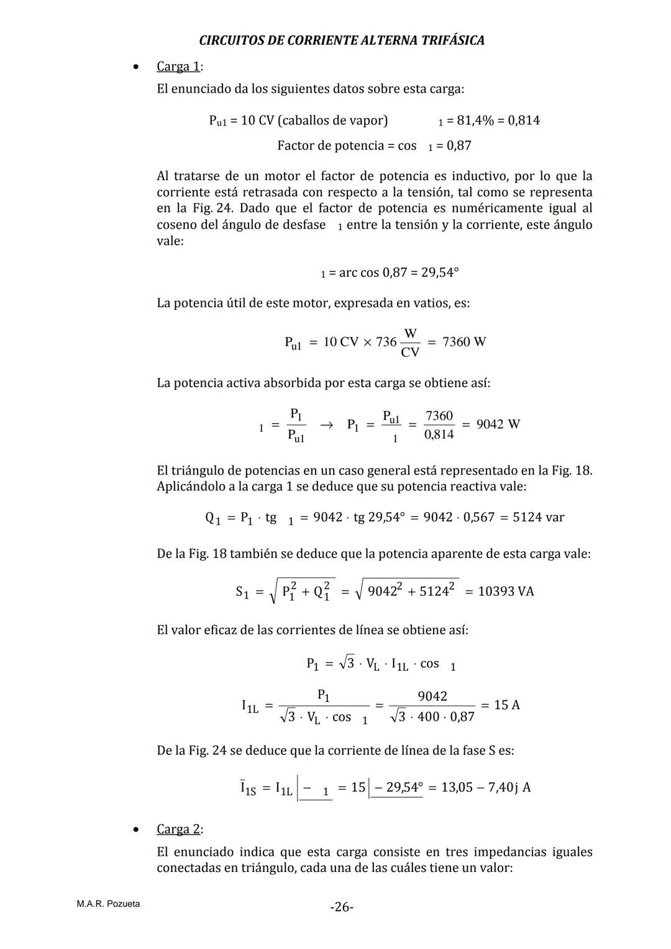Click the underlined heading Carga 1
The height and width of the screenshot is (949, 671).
coord(178,66)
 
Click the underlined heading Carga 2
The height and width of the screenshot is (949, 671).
coord(178,829)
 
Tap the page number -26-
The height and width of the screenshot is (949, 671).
coord(342,907)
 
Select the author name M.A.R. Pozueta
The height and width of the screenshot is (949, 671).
coord(108,904)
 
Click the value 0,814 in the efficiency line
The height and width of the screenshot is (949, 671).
coord(524,120)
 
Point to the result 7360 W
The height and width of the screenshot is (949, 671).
coord(464,342)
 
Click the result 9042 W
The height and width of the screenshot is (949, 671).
coord(498,424)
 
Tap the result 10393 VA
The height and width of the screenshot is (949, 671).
coord(506,591)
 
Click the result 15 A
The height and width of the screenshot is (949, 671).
coord(507,705)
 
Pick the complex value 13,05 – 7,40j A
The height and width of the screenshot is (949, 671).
coord(486,788)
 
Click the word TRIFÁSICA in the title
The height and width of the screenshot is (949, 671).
coord(453,40)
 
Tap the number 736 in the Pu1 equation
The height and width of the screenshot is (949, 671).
coord(386,342)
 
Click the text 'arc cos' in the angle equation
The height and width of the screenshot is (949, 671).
coord(359,273)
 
